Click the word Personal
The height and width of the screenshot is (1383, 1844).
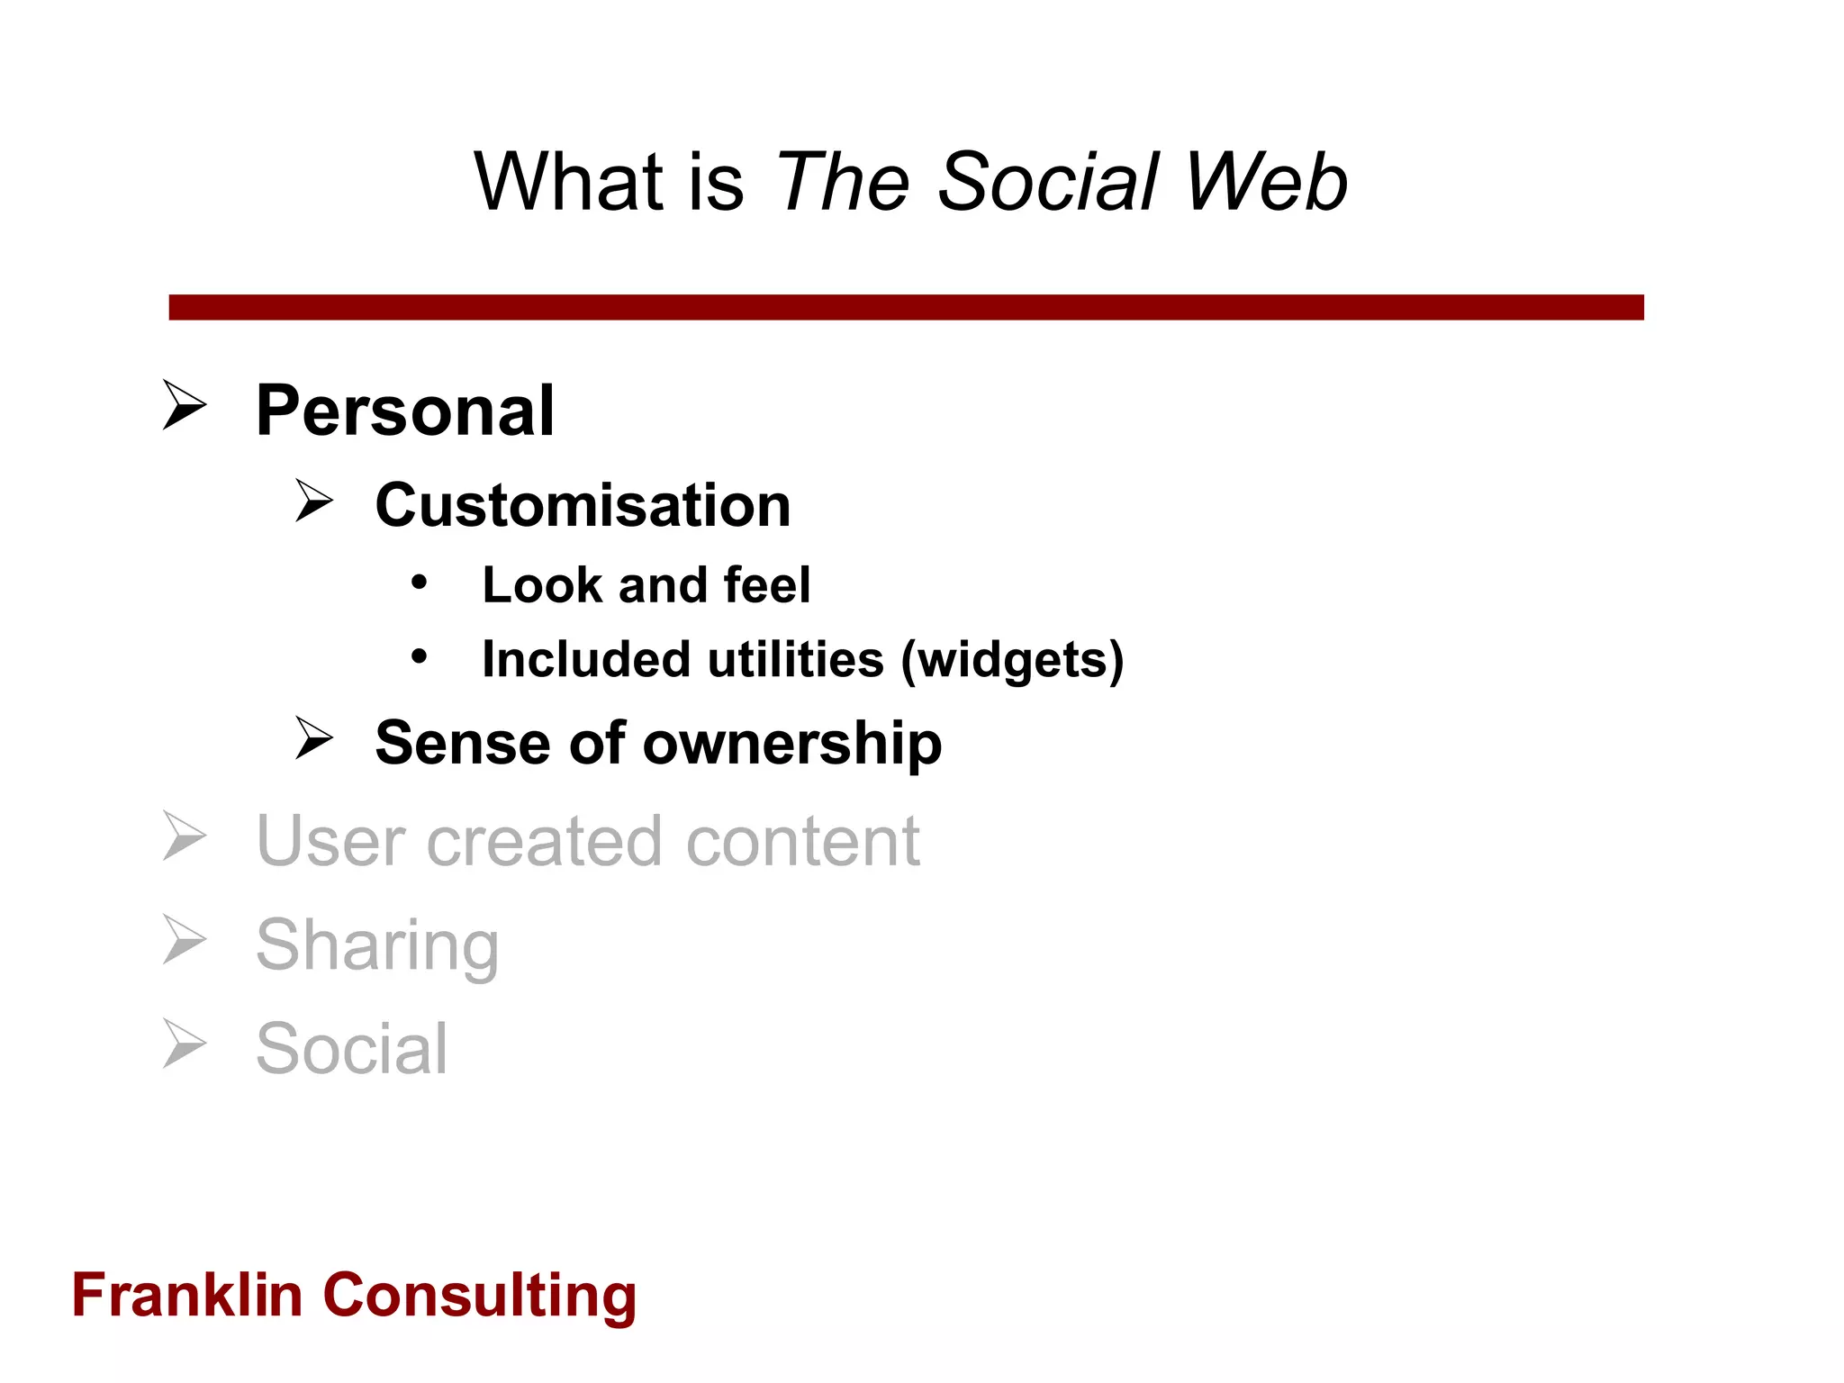(404, 411)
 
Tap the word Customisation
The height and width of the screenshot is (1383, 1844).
(583, 505)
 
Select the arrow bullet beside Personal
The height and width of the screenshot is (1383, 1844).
(185, 405)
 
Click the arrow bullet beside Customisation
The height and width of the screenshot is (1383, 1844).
(314, 501)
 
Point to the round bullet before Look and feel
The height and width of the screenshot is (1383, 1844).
(419, 583)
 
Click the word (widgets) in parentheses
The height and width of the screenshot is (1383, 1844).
(1013, 660)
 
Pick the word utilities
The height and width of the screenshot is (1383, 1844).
(795, 660)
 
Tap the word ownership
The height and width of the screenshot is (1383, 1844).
(792, 744)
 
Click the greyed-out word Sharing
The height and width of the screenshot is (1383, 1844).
(377, 945)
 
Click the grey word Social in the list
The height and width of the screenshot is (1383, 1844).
(351, 1049)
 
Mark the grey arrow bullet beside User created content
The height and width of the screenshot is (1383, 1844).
(185, 836)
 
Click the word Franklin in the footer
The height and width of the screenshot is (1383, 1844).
(186, 1296)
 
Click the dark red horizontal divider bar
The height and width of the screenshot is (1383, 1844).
(906, 307)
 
